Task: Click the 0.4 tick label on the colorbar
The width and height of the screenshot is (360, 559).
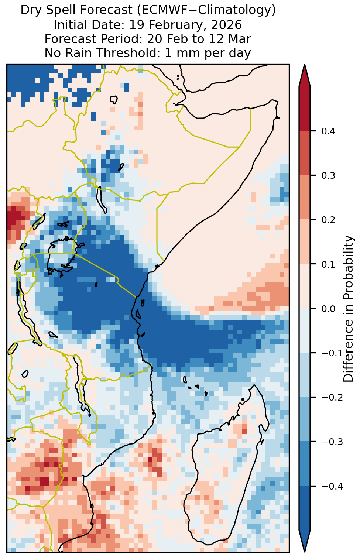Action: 328,131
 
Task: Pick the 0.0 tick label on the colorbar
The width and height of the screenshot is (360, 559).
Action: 328,309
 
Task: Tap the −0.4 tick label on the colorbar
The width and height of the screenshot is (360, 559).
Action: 332,486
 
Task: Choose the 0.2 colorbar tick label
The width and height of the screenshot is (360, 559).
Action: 328,220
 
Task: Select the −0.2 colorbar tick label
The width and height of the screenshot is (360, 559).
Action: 332,397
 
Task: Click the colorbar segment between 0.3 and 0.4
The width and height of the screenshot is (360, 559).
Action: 305,153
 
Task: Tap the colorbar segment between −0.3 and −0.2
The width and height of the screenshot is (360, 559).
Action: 305,419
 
